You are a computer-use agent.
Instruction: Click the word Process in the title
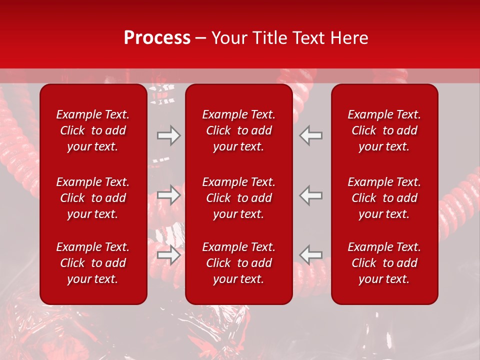tap(157, 38)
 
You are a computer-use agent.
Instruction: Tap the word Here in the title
tap(348, 38)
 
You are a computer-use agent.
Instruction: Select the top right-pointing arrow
tap(169, 135)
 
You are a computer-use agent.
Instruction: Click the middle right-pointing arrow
tap(169, 195)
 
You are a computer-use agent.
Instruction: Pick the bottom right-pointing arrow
tap(169, 254)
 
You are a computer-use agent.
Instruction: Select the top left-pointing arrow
tap(311, 135)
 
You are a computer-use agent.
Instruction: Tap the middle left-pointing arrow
tap(311, 195)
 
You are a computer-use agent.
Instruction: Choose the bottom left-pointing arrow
tap(311, 254)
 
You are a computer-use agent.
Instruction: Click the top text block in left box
tap(93, 130)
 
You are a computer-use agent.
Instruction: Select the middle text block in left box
tap(93, 198)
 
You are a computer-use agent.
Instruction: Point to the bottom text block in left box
tap(93, 263)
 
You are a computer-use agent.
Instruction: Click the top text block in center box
tap(239, 130)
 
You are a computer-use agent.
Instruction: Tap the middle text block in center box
tap(239, 198)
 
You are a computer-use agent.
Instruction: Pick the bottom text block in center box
tap(239, 263)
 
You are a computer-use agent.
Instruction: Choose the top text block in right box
tap(384, 130)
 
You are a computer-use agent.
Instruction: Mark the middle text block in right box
tap(384, 198)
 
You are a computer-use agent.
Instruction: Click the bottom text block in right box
tap(384, 263)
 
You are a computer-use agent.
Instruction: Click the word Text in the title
tap(307, 38)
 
